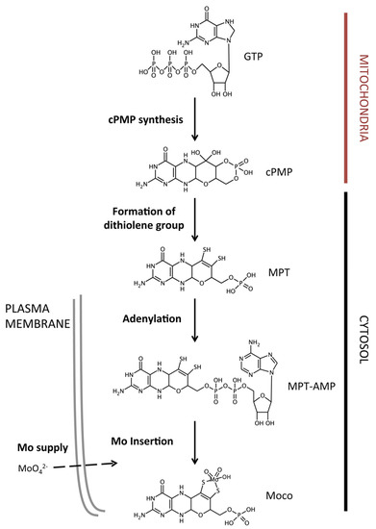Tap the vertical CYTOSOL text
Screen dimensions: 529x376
[x=358, y=336]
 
